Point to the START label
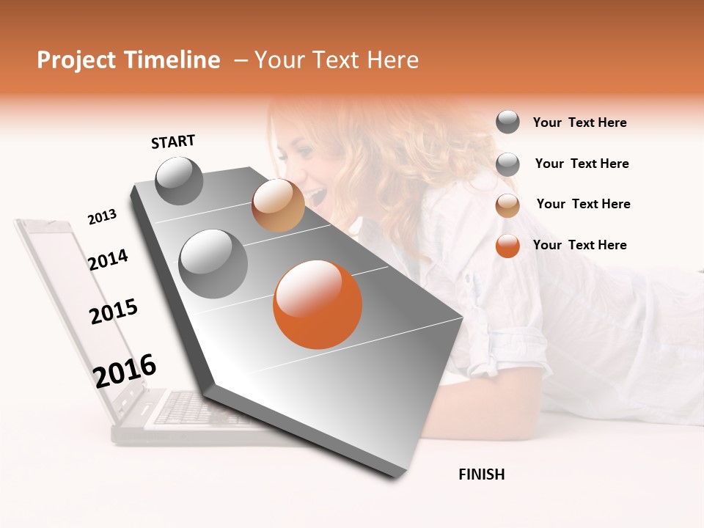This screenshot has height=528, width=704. (173, 142)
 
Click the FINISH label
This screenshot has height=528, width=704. (481, 474)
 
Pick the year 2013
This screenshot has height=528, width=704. (102, 217)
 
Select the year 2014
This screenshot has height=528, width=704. (108, 260)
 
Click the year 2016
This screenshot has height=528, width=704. (125, 371)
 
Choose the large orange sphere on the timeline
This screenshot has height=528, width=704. (318, 304)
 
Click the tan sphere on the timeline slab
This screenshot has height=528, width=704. (278, 205)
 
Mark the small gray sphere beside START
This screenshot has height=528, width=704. (179, 181)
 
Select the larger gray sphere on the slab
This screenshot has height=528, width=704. (213, 263)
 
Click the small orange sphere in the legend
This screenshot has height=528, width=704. (507, 246)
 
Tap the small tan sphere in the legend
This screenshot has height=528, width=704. (507, 205)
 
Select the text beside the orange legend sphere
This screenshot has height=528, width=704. (579, 245)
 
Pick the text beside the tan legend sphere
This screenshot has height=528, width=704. (583, 204)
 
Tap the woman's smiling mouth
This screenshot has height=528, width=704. (317, 194)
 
